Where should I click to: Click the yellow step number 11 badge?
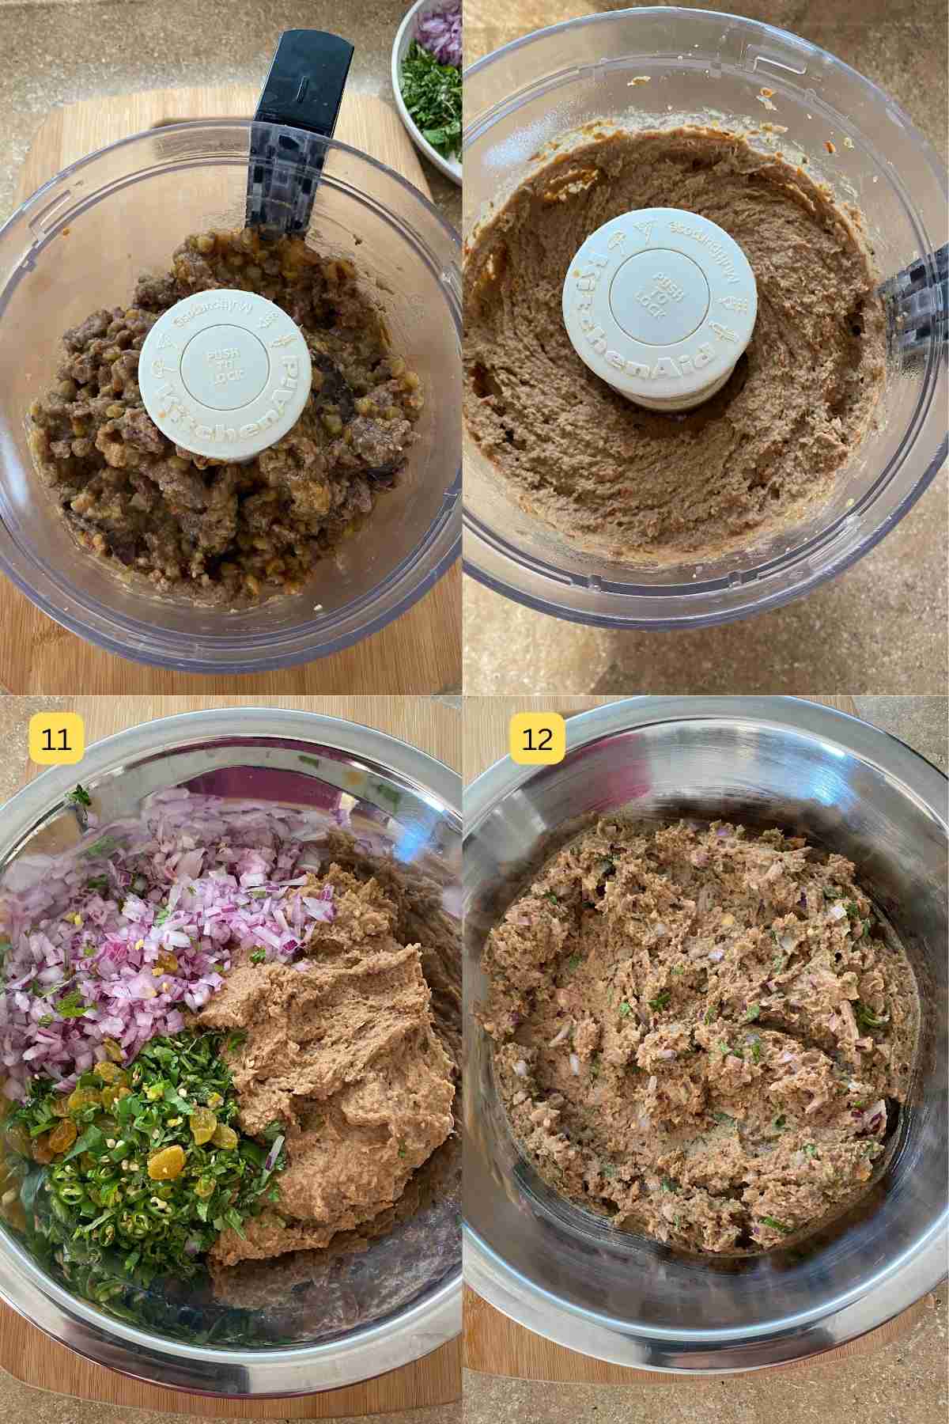[56, 738]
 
